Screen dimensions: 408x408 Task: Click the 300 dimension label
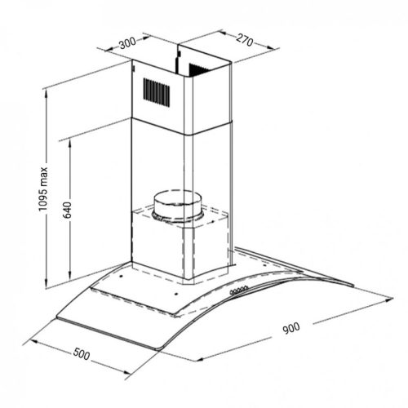(x=127, y=42)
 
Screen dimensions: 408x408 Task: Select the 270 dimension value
(x=244, y=40)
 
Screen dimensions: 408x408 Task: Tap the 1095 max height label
(x=43, y=189)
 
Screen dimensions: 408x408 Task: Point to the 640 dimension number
(x=67, y=210)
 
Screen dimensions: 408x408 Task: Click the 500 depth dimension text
(x=82, y=354)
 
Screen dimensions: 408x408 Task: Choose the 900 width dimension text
(x=291, y=328)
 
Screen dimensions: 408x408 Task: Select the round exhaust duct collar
(x=178, y=206)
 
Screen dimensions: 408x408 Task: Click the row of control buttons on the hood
(x=238, y=290)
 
